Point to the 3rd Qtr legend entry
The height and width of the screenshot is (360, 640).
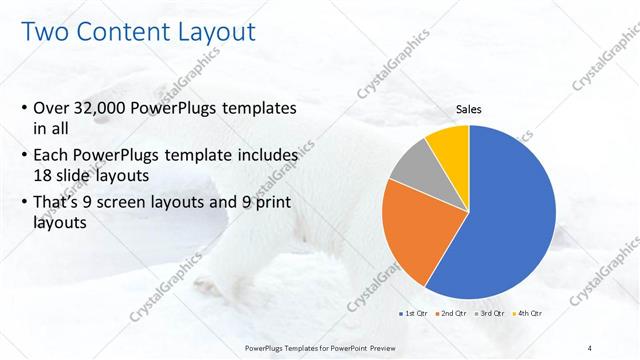point(491,313)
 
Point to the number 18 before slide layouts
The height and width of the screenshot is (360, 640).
point(44,175)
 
